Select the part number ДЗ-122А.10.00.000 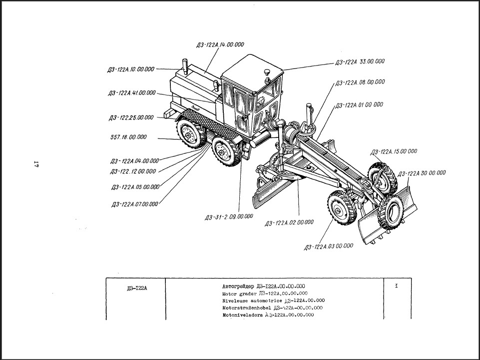[x=130, y=69]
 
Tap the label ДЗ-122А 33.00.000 [x=360, y=62]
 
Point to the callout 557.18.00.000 [x=128, y=136]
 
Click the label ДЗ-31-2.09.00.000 [x=229, y=217]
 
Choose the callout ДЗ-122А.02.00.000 [x=289, y=222]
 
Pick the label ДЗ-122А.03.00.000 [x=328, y=246]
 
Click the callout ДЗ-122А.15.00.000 [x=393, y=151]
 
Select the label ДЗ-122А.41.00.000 [x=132, y=93]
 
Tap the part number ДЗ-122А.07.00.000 [x=135, y=203]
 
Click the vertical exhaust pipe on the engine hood [x=184, y=66]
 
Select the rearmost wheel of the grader [x=189, y=134]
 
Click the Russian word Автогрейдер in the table [x=238, y=286]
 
